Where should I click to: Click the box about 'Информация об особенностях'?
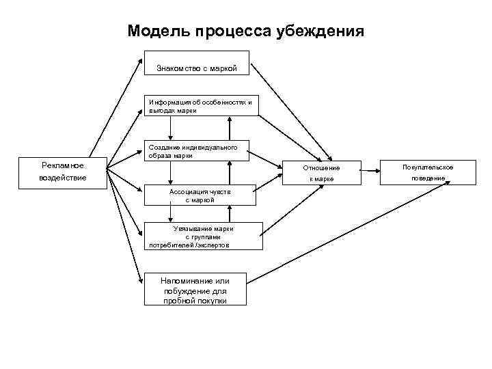tap(201, 106)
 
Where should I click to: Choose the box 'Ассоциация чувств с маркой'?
tap(200, 195)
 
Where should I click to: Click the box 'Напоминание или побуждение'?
tap(195, 290)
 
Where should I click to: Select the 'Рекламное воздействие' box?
tap(63, 172)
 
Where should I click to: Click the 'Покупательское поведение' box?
tap(428, 172)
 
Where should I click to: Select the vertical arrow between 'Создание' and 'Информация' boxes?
tap(230, 128)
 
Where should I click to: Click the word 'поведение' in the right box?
tap(428, 178)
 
